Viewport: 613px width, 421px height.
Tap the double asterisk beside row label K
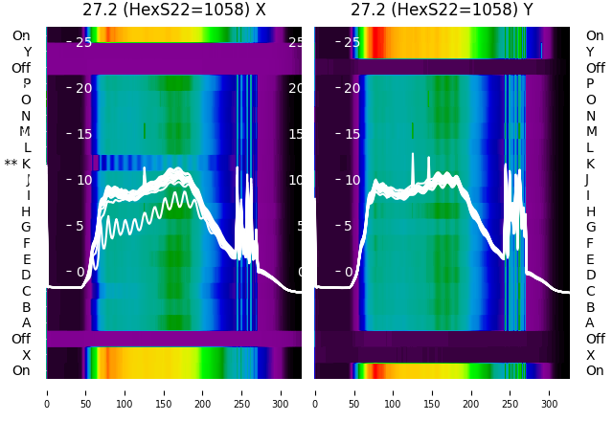coord(11,164)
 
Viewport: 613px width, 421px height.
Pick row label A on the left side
coord(27,322)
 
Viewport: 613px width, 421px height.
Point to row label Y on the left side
coord(27,52)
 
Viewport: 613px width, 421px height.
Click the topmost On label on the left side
coord(21,35)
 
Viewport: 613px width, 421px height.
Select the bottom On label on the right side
coord(595,370)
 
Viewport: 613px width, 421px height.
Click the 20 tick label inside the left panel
coord(84,88)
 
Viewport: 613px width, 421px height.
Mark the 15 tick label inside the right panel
coord(352,134)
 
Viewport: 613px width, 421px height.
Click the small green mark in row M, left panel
coord(145,130)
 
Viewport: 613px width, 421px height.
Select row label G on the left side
coord(26,227)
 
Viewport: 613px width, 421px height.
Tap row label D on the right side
coord(590,275)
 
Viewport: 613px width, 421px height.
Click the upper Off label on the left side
coord(21,68)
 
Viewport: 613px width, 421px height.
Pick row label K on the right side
coord(590,164)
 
